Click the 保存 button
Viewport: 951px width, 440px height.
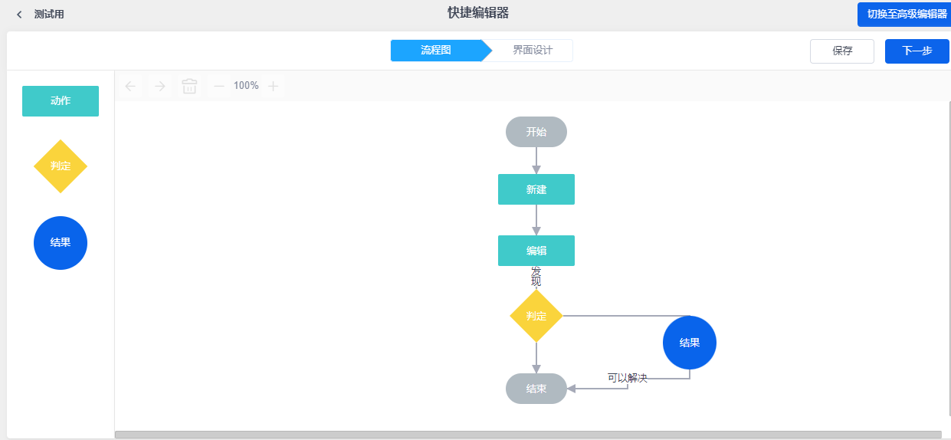click(841, 51)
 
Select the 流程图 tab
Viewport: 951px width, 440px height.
click(435, 51)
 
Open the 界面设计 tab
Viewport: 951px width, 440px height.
click(532, 51)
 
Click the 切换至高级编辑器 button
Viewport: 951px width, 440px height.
click(906, 14)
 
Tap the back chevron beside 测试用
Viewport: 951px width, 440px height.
click(19, 15)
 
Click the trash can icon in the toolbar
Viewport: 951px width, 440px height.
click(189, 86)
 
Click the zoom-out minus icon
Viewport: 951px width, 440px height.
click(219, 86)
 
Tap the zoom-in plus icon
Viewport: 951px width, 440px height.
click(273, 86)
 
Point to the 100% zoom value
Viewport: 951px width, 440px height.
click(246, 86)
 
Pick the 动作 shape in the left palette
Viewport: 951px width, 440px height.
click(61, 101)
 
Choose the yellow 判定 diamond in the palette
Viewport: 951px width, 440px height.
click(61, 166)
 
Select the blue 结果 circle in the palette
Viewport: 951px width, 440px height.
click(61, 243)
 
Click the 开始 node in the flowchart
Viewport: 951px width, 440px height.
click(536, 132)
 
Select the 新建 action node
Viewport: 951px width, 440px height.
click(536, 189)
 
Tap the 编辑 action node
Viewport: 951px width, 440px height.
click(536, 251)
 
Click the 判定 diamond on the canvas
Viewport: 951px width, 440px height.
click(536, 316)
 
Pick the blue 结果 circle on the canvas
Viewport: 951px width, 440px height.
click(690, 343)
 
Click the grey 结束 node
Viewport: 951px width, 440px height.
click(536, 389)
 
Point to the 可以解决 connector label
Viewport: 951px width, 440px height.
click(628, 378)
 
